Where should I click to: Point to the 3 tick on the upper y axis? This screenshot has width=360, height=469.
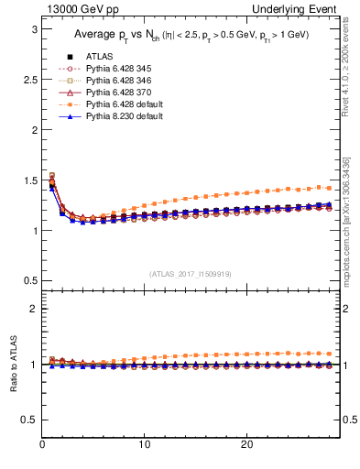(33, 29)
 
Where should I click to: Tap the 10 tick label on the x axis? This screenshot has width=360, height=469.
(145, 444)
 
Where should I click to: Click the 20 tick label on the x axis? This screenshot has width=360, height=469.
(246, 444)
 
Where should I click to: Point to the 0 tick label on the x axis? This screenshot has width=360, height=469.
(43, 444)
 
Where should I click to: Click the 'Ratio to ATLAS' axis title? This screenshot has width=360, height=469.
(13, 364)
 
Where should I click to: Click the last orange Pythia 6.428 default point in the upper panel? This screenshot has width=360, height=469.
(330, 188)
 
